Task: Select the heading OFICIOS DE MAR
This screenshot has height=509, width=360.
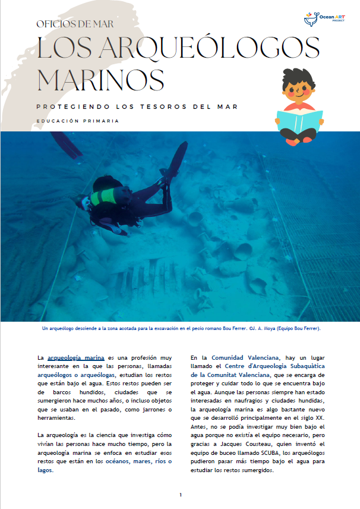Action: (75, 24)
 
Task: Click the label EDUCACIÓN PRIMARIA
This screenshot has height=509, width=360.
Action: (77, 121)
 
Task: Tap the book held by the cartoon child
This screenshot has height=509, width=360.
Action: (299, 122)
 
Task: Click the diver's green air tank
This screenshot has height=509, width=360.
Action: (101, 196)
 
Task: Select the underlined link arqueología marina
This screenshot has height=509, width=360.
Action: (76, 358)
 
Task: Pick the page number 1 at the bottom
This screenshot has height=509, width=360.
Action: (180, 495)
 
